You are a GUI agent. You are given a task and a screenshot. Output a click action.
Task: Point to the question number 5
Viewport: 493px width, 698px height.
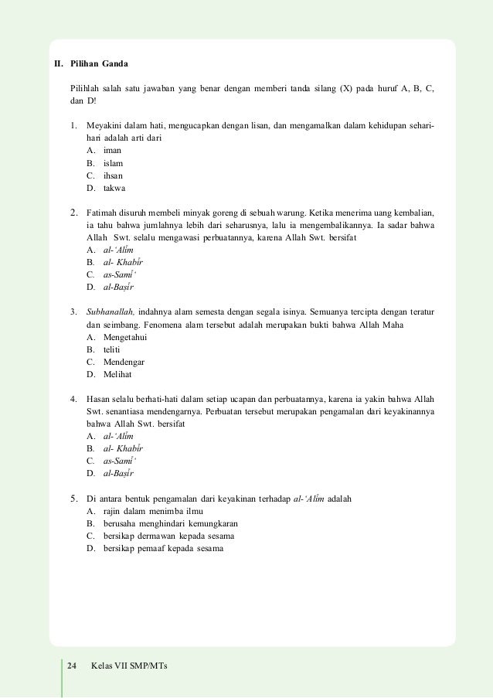click(73, 499)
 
